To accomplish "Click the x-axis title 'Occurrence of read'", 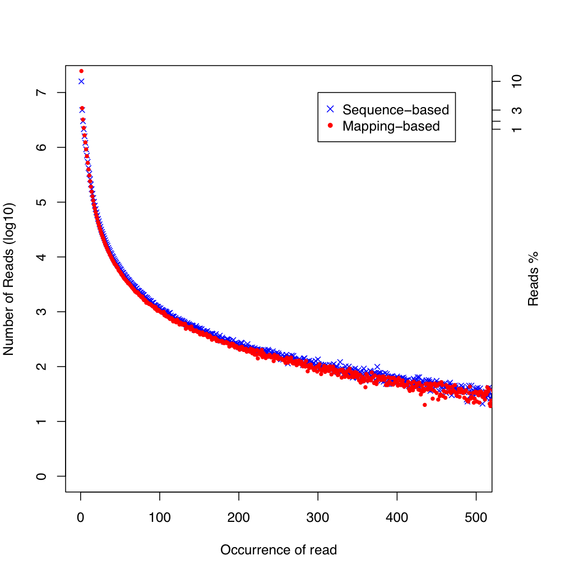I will [x=279, y=550].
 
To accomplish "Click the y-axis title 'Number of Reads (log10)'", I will [x=8, y=279].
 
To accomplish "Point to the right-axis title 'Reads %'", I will [x=533, y=279].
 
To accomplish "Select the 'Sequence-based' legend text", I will [x=396, y=110].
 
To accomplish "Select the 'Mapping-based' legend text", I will [x=391, y=126].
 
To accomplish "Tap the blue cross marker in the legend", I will [x=330, y=109].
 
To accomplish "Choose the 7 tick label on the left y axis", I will [x=41, y=92].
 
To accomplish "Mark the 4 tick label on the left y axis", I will [x=41, y=257].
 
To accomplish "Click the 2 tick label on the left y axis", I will [x=41, y=367].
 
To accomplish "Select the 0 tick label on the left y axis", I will [x=41, y=476].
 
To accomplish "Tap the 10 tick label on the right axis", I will [x=517, y=81].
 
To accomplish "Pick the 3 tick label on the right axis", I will [x=517, y=110].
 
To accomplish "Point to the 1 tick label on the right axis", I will [x=517, y=129].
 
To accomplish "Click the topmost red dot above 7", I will [x=81, y=71].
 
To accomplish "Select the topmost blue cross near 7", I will [x=81, y=81].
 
